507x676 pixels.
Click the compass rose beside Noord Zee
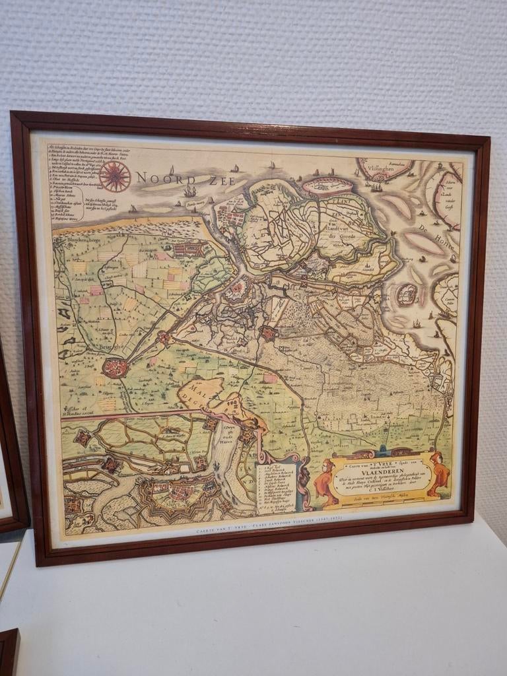pyautogui.click(x=114, y=176)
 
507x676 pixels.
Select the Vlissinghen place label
pyautogui.click(x=385, y=168)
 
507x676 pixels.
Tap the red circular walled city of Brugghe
pyautogui.click(x=115, y=367)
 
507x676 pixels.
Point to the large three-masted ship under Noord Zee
pyautogui.click(x=190, y=191)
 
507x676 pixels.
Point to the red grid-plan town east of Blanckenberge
pyautogui.click(x=189, y=249)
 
